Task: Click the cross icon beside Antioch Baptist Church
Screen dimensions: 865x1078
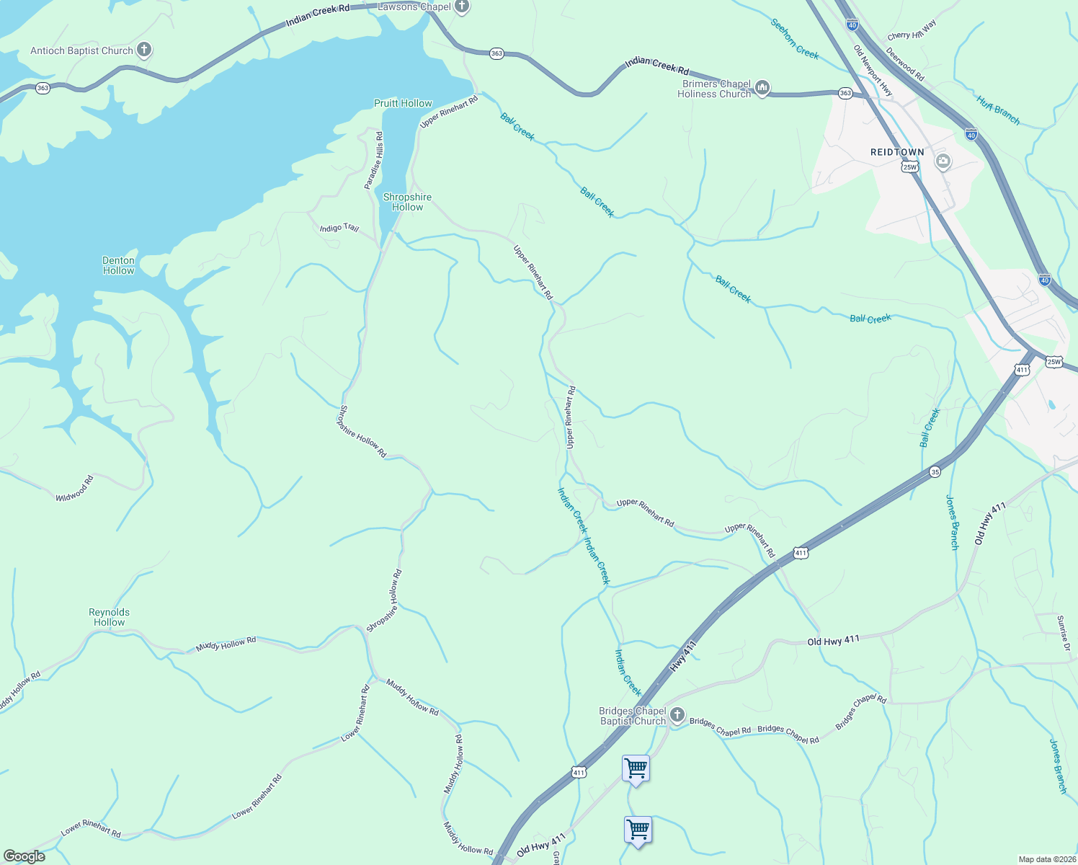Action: pos(144,50)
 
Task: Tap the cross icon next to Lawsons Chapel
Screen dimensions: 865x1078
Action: pos(462,6)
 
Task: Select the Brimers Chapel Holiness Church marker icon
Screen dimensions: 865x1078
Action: pos(762,88)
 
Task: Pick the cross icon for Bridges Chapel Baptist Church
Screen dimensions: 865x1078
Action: pos(677,715)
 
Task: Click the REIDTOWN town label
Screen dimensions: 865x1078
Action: pos(897,152)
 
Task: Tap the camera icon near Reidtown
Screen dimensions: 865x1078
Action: pos(943,161)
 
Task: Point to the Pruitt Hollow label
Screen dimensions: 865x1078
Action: pos(403,103)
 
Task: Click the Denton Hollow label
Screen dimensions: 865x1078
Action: pos(118,265)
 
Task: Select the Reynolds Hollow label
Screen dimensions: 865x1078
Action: pos(110,617)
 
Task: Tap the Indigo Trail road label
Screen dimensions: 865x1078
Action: pos(339,228)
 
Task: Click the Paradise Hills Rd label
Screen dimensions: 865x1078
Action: pos(374,160)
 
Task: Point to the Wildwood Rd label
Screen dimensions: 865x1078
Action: pos(75,488)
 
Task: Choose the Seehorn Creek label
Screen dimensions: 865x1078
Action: pos(795,39)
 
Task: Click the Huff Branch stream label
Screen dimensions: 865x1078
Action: pos(999,110)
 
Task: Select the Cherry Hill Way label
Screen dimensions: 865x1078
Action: pos(912,31)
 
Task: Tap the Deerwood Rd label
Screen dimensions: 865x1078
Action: pos(905,64)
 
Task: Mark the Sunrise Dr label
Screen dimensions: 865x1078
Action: pos(1063,634)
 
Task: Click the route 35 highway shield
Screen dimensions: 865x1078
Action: pos(935,471)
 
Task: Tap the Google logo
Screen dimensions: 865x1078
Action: pos(24,856)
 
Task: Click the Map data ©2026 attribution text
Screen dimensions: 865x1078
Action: pos(1046,859)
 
